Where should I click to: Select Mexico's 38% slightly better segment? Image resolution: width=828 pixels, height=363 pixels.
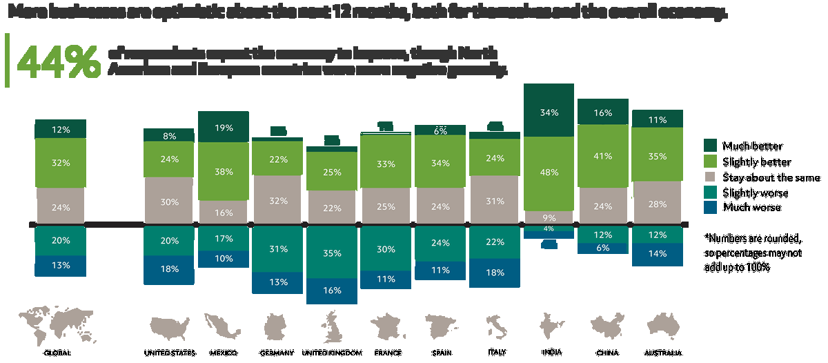point(224,171)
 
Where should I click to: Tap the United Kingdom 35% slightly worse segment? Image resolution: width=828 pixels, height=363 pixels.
point(332,253)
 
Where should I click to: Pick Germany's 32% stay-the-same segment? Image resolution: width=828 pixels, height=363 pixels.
point(278,200)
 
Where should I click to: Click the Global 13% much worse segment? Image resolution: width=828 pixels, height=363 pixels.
point(61,266)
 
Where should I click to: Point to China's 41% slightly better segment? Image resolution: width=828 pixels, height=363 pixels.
point(603,156)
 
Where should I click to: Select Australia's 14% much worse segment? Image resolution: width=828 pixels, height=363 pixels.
point(658,254)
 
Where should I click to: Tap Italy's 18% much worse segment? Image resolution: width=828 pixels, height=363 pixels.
point(494,273)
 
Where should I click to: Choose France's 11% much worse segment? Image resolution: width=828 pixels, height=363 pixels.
point(386,279)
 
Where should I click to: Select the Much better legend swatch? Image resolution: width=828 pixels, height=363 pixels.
point(710,146)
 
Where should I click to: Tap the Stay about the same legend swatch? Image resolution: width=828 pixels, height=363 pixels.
point(710,177)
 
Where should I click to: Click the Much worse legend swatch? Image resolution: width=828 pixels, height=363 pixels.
point(710,207)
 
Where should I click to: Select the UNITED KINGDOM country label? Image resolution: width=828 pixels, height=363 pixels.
point(332,353)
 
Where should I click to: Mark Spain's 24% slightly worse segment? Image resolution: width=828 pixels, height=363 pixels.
point(440,243)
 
